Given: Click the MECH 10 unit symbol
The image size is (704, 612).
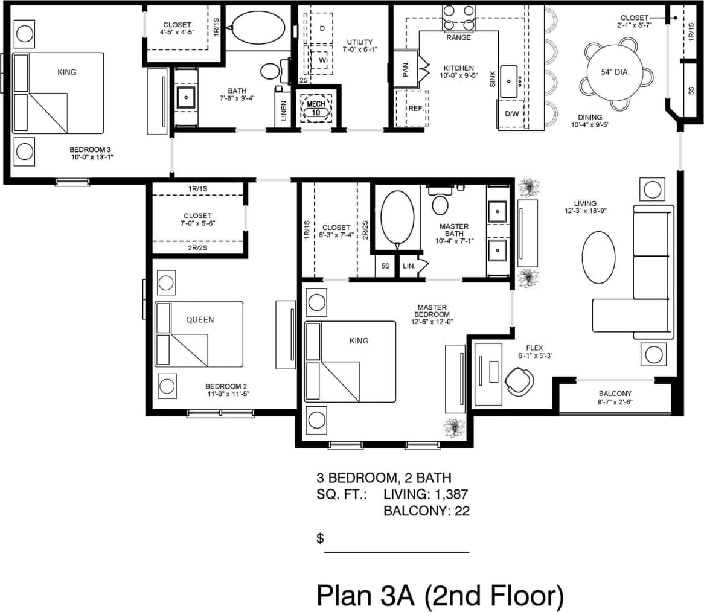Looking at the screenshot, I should [316, 108].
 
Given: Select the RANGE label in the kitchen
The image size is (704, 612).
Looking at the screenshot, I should [458, 37].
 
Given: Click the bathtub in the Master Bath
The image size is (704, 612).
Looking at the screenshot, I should [397, 218].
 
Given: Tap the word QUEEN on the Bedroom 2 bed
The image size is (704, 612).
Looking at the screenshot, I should [200, 319].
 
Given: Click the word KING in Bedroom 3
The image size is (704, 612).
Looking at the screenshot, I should [67, 72].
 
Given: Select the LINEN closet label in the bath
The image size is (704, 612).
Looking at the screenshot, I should [284, 110].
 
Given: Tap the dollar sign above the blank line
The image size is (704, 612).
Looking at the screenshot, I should [321, 538].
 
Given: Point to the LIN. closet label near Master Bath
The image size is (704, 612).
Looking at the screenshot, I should [409, 266].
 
